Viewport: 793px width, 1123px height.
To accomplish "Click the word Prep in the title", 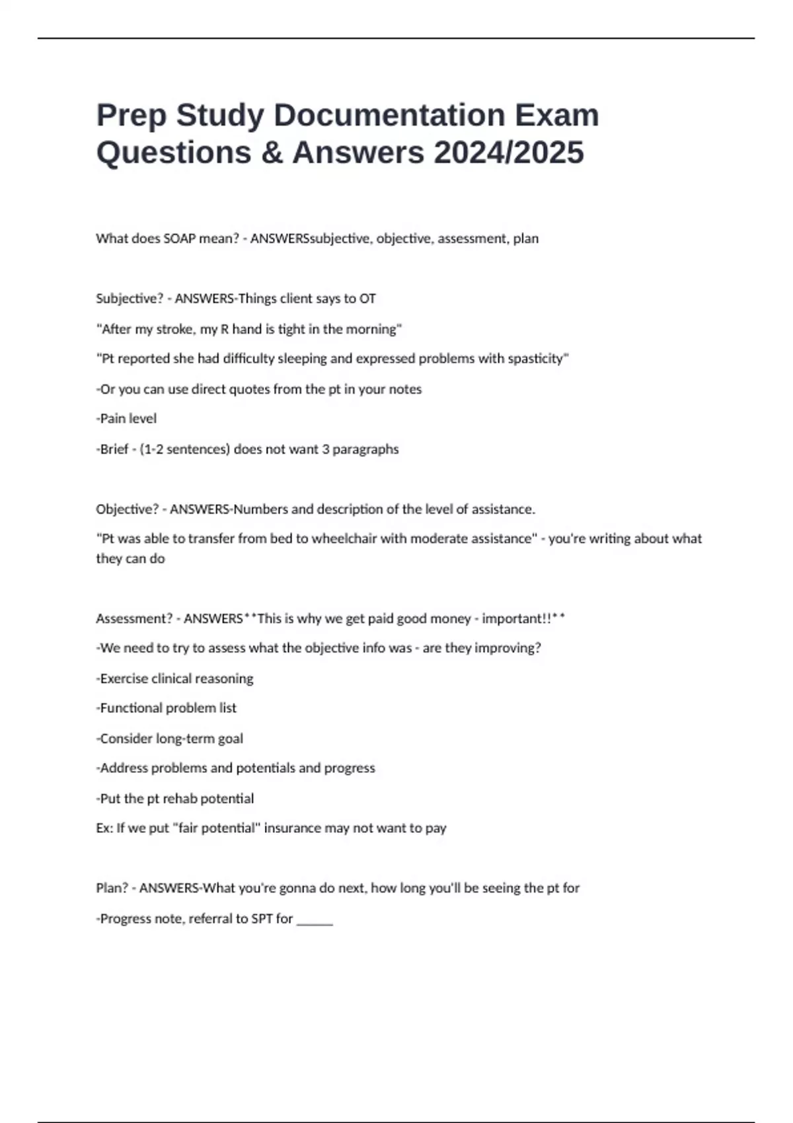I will pyautogui.click(x=131, y=116).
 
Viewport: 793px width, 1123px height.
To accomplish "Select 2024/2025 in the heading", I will pyautogui.click(x=509, y=153).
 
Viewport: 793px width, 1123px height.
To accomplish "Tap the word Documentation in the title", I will pyautogui.click(x=389, y=115).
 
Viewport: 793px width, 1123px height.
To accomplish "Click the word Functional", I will pyautogui.click(x=131, y=708).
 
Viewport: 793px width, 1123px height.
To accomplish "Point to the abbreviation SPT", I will pyautogui.click(x=262, y=919).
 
